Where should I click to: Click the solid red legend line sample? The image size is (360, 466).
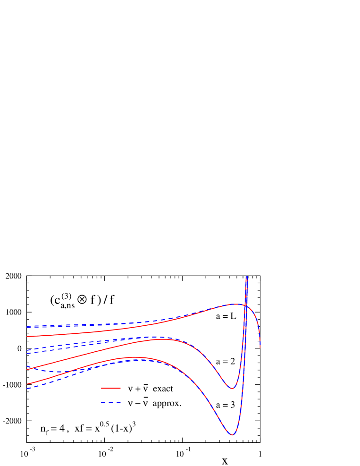111,388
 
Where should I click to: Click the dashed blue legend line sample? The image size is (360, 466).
111,403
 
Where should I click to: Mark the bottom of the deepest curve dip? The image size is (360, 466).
232,435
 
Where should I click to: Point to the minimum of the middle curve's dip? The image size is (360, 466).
231,389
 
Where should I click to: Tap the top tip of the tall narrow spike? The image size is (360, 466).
246,277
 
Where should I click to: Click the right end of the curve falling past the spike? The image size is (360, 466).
260,348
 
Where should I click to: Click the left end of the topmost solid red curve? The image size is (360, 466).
27,337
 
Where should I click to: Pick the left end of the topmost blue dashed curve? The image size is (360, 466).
27,326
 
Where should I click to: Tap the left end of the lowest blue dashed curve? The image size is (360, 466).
27,389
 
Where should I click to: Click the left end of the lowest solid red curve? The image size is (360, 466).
27,384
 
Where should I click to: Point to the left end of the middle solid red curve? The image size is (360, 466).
27,369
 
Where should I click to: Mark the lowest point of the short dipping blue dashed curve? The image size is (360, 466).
57,372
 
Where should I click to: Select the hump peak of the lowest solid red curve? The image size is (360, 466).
134,357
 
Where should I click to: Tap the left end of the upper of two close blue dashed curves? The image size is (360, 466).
27,350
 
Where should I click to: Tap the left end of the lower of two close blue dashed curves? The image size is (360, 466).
27,353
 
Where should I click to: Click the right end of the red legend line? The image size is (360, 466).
120,388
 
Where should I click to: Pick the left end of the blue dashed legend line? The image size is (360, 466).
101,403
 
